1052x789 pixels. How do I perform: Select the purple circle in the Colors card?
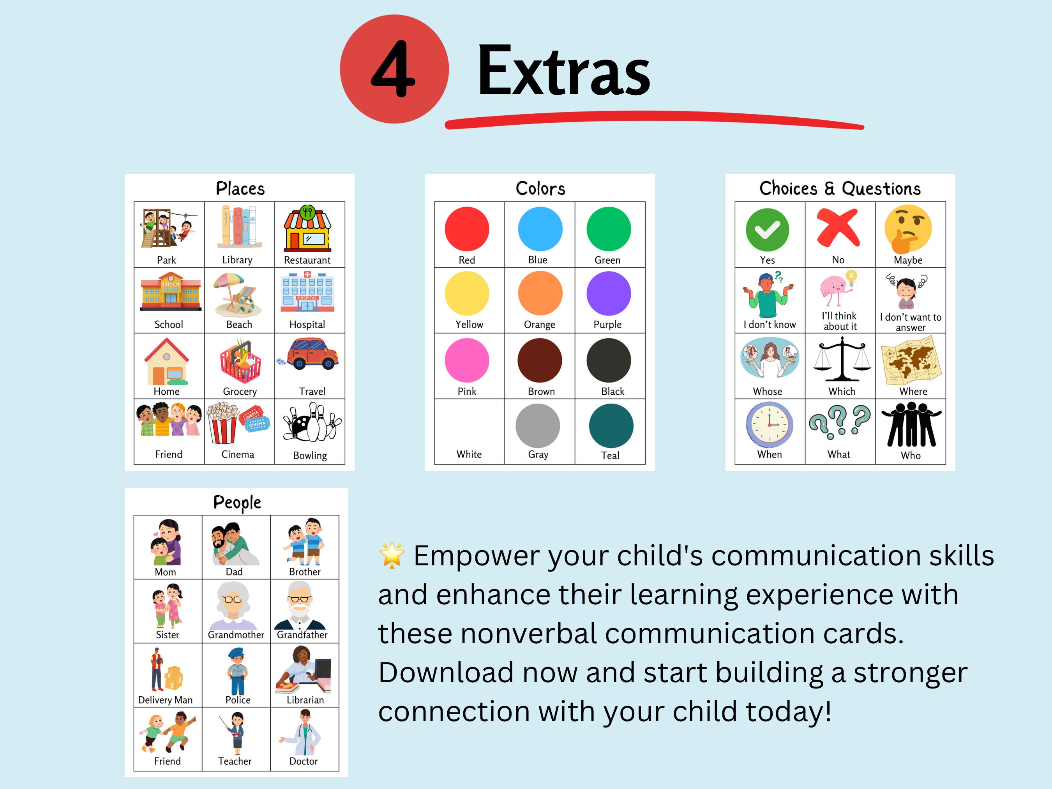(x=608, y=293)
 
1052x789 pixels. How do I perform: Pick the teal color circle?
(x=611, y=425)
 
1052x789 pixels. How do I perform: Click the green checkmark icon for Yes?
(x=767, y=230)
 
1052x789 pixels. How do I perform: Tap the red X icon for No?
(x=838, y=229)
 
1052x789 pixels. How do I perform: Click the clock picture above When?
(x=769, y=424)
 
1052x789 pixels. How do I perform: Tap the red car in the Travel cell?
(x=312, y=354)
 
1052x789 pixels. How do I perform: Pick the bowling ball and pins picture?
(x=312, y=423)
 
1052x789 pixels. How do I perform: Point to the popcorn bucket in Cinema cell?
(x=222, y=422)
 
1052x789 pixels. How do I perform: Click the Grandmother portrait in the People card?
(x=233, y=605)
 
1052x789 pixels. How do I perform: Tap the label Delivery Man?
(x=165, y=700)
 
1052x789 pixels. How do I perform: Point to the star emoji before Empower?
(x=392, y=555)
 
